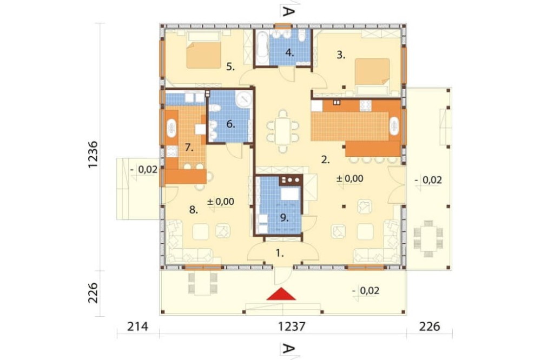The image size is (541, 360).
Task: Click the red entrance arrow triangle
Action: [281, 294]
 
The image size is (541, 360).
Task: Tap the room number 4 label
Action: [289, 53]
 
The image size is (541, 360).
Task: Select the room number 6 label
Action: [230, 124]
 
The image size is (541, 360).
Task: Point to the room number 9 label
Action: [284, 218]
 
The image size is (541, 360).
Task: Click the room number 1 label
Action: [280, 254]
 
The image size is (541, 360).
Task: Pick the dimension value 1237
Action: [292, 326]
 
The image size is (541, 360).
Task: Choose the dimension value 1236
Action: [93, 154]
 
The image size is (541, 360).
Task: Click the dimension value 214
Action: [137, 326]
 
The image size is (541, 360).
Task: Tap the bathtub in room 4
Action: [262, 47]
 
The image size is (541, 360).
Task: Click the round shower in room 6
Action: [245, 99]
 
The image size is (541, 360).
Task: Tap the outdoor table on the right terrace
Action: [428, 238]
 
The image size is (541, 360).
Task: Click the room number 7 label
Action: [189, 148]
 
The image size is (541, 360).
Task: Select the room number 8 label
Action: [194, 209]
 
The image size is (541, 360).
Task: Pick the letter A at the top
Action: [288, 12]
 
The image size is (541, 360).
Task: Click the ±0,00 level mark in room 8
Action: [221, 202]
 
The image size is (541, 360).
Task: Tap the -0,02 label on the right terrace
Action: [428, 181]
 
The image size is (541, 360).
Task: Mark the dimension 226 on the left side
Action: [93, 293]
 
